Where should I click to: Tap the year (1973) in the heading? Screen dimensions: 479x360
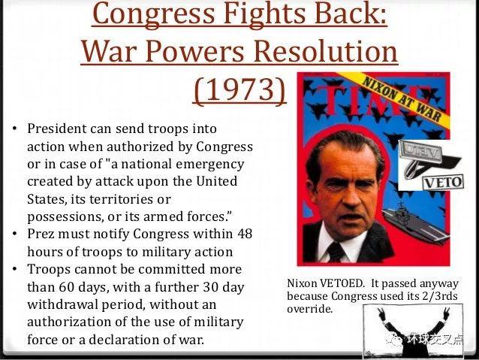click(239, 90)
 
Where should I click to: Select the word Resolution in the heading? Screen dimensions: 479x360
click(326, 51)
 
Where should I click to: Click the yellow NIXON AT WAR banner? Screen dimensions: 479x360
click(402, 98)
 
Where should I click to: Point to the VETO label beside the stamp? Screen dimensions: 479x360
click(443, 183)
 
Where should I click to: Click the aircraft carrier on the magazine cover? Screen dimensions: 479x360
click(415, 222)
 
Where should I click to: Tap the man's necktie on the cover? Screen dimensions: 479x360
click(336, 252)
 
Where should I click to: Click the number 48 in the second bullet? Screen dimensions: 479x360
click(245, 234)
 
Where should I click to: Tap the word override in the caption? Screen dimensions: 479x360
click(310, 309)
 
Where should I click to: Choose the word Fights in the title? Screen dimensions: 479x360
click(264, 14)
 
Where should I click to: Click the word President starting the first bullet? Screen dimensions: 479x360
click(57, 129)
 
